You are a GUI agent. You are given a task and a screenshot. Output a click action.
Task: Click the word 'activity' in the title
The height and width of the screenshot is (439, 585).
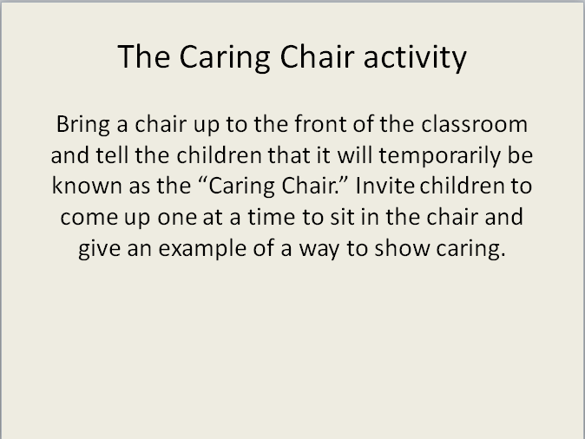point(415,57)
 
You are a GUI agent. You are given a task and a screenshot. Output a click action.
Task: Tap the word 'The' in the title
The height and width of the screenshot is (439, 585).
point(144,56)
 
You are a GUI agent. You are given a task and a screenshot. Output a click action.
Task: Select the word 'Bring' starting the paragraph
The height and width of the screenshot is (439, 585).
point(83,125)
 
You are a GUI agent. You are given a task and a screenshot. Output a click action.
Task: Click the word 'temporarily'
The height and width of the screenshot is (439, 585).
point(439,156)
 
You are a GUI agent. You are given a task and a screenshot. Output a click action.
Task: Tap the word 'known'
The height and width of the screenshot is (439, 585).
point(87,186)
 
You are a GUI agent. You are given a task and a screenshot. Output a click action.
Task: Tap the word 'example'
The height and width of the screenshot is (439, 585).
point(202,249)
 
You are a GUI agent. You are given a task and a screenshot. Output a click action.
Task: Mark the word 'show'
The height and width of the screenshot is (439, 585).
point(402,247)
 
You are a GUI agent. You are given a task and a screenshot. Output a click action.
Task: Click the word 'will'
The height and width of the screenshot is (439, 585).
point(355,154)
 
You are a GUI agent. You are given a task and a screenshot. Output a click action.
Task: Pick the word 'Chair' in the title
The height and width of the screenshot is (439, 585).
point(317,56)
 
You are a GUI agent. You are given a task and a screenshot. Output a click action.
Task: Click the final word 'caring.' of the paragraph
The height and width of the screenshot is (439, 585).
point(470,249)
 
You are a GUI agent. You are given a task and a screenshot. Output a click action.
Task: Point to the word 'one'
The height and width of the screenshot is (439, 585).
point(177,217)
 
